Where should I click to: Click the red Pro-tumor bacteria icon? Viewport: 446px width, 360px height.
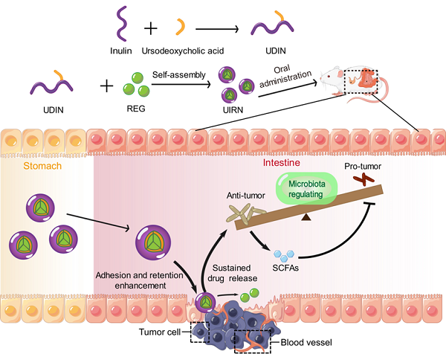(364, 179)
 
